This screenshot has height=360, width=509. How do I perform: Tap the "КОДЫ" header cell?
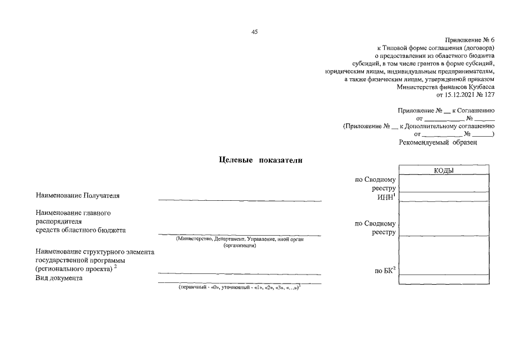[444, 170]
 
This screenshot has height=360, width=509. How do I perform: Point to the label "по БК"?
[386, 271]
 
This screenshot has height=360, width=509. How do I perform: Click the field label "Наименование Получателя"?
[78, 196]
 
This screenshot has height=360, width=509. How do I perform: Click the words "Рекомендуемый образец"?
[438, 143]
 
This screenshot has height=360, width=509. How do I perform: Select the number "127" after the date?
[489, 96]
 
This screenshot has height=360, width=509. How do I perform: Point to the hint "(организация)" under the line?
[240, 246]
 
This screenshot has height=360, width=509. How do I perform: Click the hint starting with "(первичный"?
[240, 287]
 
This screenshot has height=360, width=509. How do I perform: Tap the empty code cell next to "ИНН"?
[444, 197]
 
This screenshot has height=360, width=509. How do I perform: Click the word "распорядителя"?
[60, 222]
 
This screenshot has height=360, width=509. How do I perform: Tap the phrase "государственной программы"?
[79, 260]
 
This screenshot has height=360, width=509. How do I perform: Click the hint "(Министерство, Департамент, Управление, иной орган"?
[240, 239]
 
